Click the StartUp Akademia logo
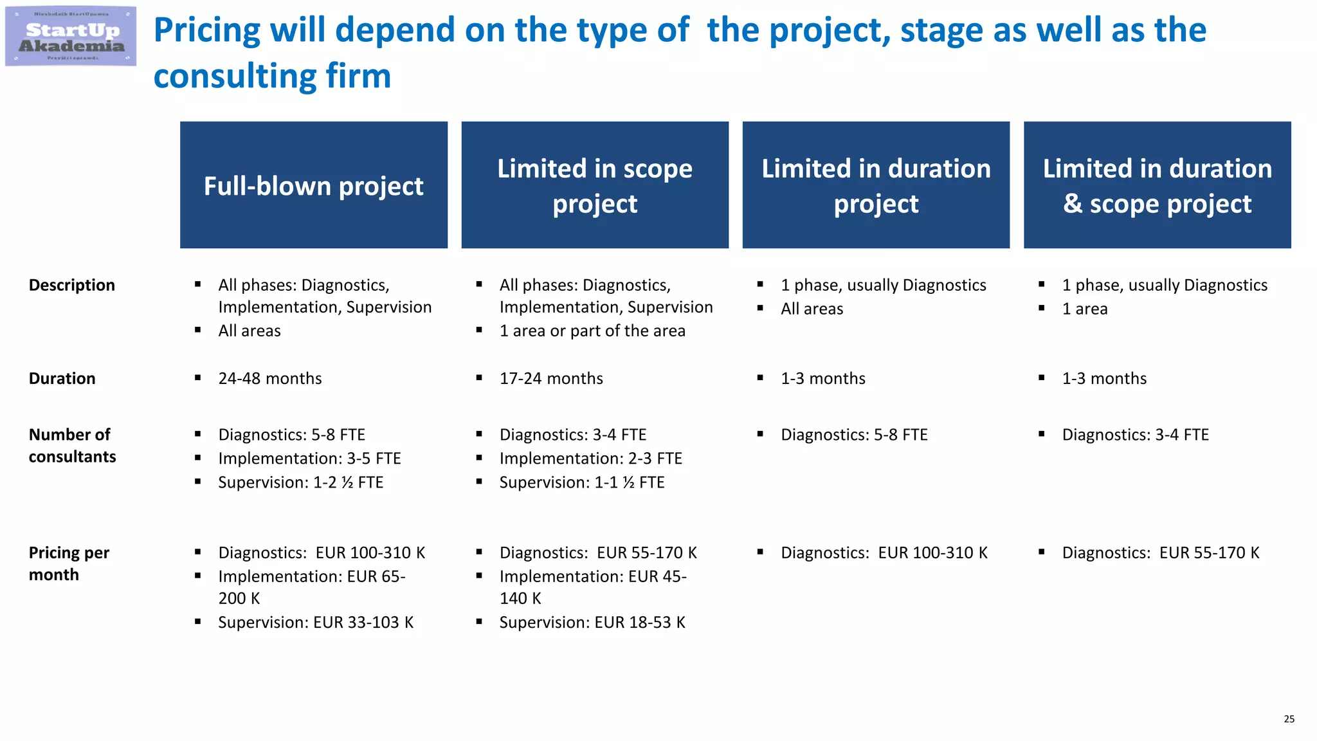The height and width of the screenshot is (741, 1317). point(71,37)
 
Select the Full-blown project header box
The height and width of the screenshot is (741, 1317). point(314,185)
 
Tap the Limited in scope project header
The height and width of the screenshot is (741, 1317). point(595,185)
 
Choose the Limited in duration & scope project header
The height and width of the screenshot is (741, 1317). point(1157,185)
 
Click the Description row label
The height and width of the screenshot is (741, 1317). point(72,285)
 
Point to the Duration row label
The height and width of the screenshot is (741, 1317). point(62,378)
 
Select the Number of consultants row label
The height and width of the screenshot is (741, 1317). point(72,445)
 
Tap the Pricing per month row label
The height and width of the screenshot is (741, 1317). point(69,563)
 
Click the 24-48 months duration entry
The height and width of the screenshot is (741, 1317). point(270,378)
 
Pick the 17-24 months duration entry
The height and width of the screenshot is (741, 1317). point(551,378)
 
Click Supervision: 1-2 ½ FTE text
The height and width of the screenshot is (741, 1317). point(300,482)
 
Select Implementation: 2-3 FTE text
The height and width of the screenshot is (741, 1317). point(590,459)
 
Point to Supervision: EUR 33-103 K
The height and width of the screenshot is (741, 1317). point(315,623)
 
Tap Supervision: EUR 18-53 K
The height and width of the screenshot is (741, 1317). point(592,623)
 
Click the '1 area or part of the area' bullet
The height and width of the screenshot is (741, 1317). point(592,331)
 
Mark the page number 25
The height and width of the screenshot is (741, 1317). point(1289,719)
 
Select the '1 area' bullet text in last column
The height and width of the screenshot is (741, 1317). point(1085,309)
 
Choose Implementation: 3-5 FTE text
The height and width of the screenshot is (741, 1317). point(309,459)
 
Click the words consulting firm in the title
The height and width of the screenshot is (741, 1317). point(272,76)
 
